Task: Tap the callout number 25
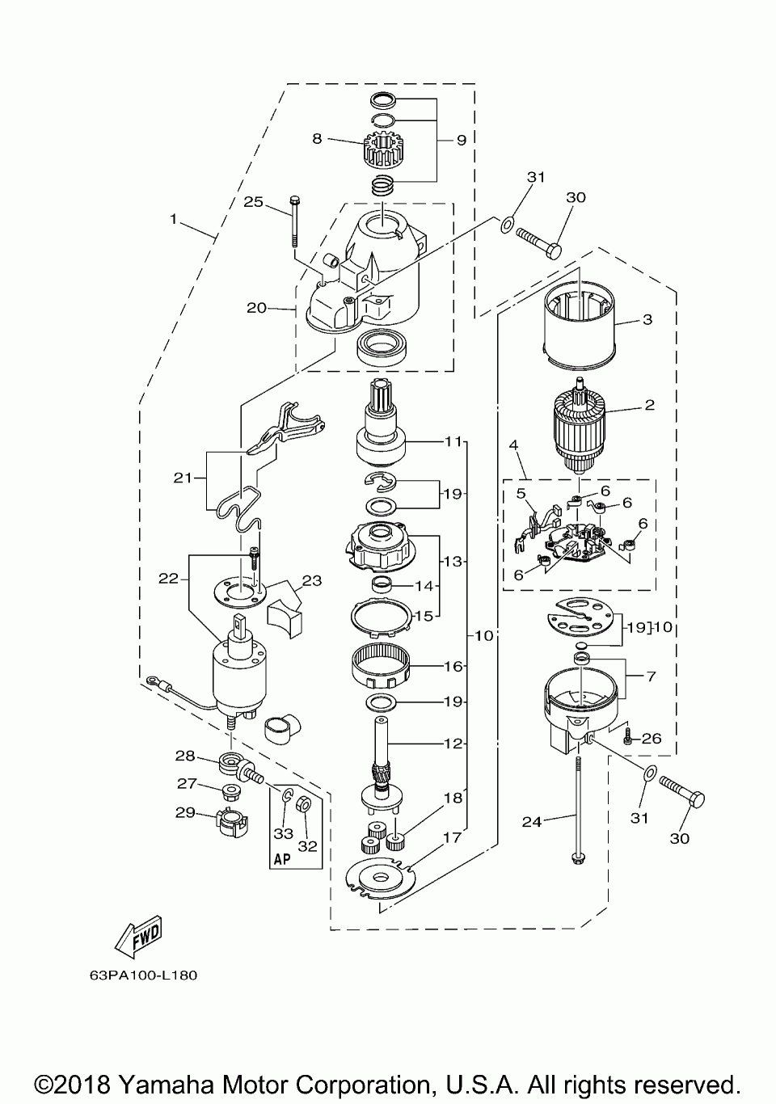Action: (x=253, y=202)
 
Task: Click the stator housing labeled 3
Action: (x=580, y=325)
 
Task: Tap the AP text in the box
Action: (x=282, y=860)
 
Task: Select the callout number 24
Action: (x=532, y=822)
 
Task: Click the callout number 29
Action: (x=185, y=813)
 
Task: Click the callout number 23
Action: (x=312, y=580)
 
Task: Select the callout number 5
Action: (x=521, y=493)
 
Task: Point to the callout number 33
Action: (x=284, y=833)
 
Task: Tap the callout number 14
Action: (x=424, y=585)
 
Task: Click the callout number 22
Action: (x=168, y=578)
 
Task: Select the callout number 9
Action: (x=462, y=141)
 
